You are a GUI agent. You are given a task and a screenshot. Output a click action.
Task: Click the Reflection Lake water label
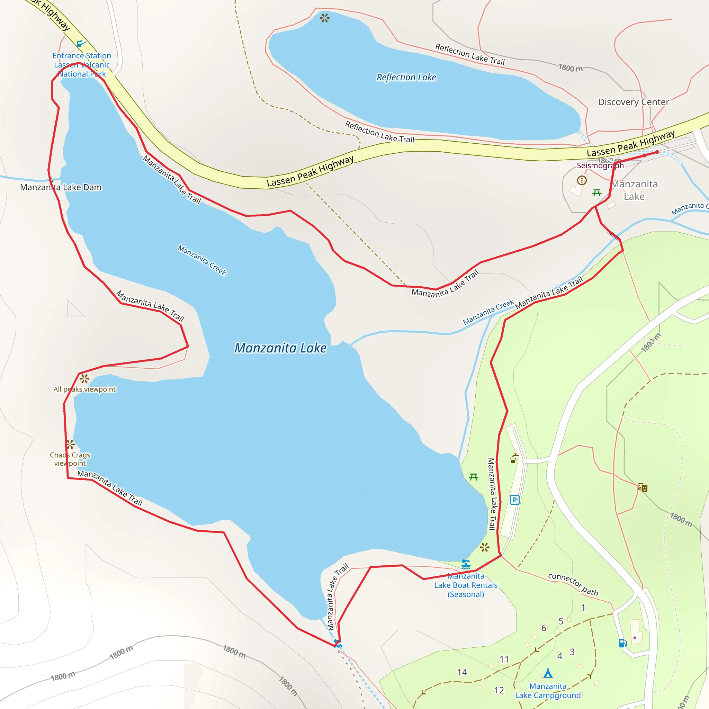point(406,78)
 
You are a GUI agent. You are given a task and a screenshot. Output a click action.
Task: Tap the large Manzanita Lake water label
point(280,348)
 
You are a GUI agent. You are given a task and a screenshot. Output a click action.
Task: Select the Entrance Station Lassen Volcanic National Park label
point(81,65)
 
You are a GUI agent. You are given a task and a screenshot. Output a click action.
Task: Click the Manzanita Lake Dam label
point(61,187)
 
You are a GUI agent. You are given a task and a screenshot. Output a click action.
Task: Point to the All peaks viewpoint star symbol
point(84,378)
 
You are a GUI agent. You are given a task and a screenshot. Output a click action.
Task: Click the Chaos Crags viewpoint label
point(70,459)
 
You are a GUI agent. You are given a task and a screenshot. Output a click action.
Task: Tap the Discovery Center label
point(634,102)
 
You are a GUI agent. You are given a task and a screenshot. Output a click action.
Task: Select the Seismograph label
point(600,165)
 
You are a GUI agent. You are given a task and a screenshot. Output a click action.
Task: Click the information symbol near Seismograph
point(582,180)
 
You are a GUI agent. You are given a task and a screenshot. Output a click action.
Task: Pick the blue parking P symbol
point(514,500)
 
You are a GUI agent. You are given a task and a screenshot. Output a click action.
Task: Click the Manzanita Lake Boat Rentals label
point(466,585)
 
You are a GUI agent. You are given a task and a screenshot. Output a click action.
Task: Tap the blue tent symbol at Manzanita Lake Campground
point(548,673)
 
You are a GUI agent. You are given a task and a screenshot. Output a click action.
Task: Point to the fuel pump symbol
point(623,643)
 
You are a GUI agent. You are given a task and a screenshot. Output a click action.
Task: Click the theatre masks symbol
point(642,487)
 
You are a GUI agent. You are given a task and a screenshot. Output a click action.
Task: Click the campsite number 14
point(462,672)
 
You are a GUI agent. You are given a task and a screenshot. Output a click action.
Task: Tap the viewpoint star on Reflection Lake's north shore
point(324,18)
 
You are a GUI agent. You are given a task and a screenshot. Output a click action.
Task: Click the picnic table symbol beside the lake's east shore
point(473,477)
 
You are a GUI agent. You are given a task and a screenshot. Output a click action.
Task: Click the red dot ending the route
point(657,152)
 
